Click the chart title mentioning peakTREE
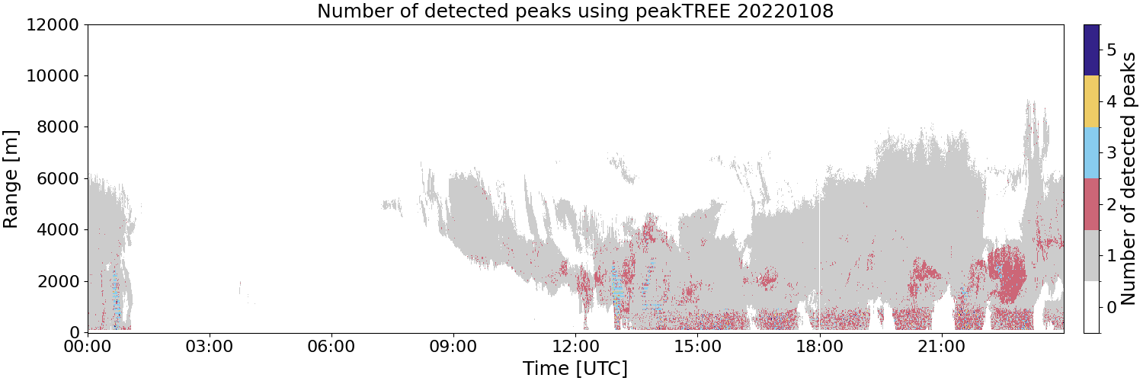[575, 11]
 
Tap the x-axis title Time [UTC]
[575, 368]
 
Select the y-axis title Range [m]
[11, 179]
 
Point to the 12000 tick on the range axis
[53, 24]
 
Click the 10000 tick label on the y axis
[53, 76]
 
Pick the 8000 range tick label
[58, 127]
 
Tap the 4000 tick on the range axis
[58, 230]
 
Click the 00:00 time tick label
[88, 347]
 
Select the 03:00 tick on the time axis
[210, 347]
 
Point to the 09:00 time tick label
[453, 347]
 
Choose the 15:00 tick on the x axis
[697, 347]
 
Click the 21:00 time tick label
[941, 347]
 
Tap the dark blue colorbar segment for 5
[1091, 50]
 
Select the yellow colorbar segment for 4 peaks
[1091, 101]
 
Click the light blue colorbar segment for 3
[1091, 153]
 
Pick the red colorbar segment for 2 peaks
[1091, 204]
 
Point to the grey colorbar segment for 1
[1091, 255]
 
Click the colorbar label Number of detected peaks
[1129, 178]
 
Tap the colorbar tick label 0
[1111, 308]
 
